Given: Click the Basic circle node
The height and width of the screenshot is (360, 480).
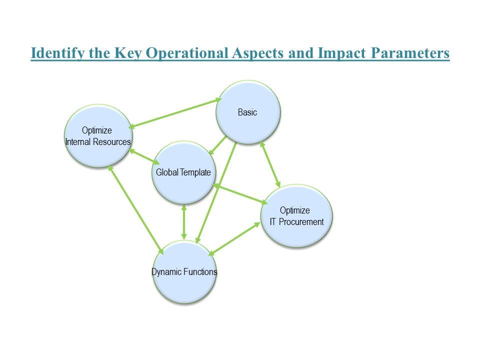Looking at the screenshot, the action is [248, 112].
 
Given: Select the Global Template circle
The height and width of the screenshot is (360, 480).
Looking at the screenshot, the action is [184, 172].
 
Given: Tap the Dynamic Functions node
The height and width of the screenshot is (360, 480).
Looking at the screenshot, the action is [184, 272].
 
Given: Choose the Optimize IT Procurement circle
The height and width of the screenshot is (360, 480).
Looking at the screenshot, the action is [296, 216].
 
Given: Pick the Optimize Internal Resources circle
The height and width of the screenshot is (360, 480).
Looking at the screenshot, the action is [98, 136].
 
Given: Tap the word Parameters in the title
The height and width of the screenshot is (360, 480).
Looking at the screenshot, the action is [410, 53].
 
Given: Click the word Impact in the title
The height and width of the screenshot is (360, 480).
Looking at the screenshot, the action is [342, 53].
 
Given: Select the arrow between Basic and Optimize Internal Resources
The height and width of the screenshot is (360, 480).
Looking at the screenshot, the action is [175, 113].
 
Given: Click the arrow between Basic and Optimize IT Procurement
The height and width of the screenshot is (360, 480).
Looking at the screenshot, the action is [270, 164].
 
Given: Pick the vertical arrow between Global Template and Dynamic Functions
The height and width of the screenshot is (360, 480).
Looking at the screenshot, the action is [184, 222].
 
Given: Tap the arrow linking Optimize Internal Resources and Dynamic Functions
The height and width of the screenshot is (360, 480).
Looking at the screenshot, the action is [136, 209].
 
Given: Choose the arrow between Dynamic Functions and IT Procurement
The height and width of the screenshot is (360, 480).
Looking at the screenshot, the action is [234, 239].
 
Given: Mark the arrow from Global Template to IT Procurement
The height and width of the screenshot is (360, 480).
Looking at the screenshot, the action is [240, 194].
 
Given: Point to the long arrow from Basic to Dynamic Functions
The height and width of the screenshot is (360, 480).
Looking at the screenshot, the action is [216, 193].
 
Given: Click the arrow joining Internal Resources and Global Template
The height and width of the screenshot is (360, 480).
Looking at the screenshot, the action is [144, 156].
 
